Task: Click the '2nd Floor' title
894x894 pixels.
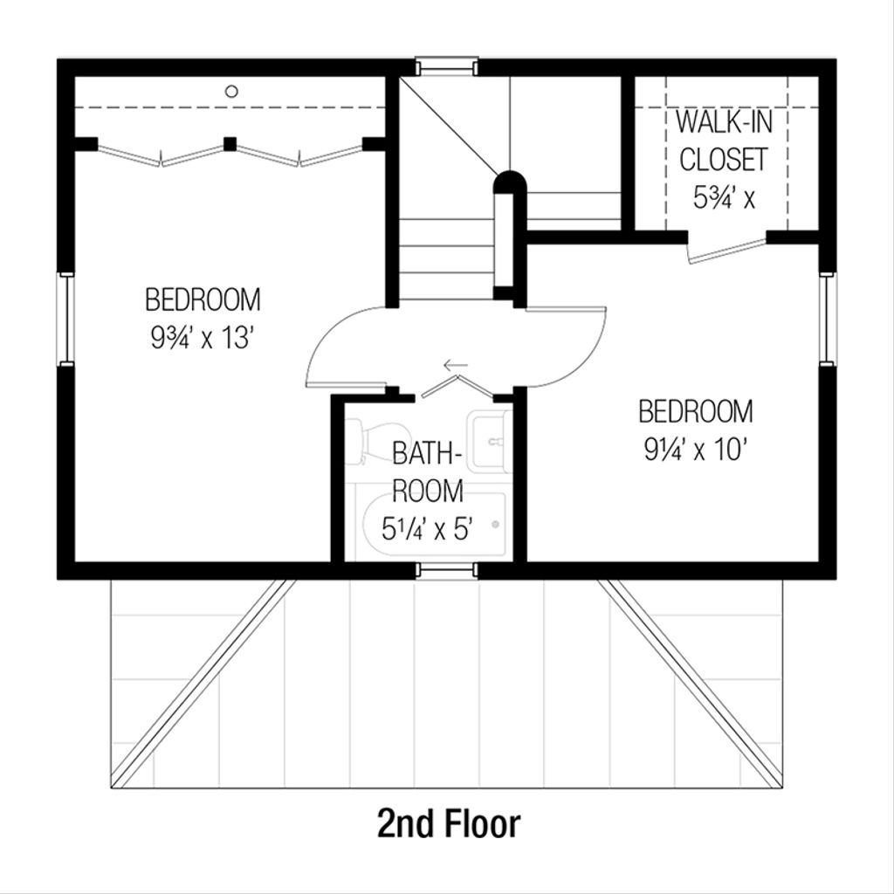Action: click(449, 823)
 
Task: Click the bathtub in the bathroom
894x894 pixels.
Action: click(434, 526)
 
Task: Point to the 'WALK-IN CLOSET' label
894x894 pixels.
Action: click(724, 141)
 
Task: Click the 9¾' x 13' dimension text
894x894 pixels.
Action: click(202, 338)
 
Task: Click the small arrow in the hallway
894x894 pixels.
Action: click(455, 365)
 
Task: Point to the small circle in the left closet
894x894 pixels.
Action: click(231, 91)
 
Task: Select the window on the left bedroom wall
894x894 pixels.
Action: click(65, 319)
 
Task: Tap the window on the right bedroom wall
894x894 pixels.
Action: click(828, 319)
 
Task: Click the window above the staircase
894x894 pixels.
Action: click(446, 65)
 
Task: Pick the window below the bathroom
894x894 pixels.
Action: click(446, 571)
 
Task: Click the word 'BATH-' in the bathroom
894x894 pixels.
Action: click(427, 454)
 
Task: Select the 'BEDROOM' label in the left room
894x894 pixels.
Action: click(203, 299)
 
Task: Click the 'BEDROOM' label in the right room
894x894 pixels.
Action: click(696, 410)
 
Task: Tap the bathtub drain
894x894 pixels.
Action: click(496, 525)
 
